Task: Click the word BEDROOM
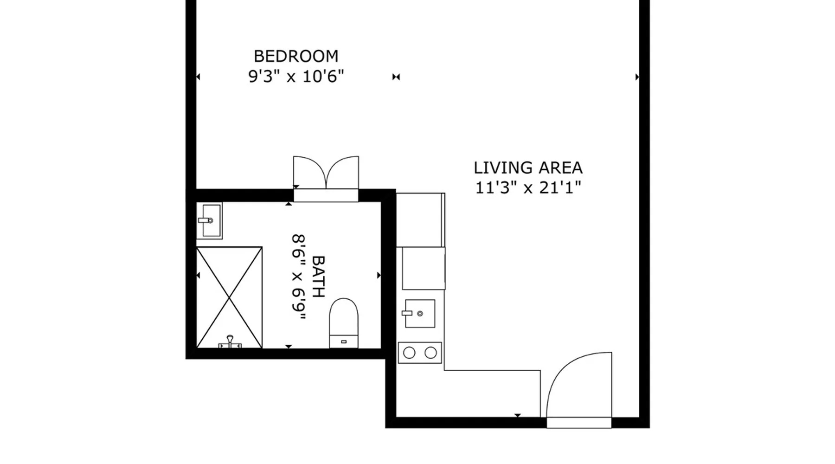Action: (x=296, y=56)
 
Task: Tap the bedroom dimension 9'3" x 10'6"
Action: (x=296, y=76)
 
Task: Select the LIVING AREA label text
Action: (x=528, y=168)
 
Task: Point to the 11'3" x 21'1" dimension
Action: (x=528, y=188)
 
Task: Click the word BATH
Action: (x=318, y=277)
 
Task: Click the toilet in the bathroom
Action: (x=344, y=323)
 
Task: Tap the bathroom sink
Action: (x=209, y=220)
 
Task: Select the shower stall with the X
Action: (x=229, y=297)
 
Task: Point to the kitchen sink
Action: (x=420, y=313)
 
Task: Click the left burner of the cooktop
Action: (x=409, y=353)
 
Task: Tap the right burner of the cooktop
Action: (x=431, y=353)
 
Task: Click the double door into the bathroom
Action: (x=326, y=179)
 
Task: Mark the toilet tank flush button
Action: (x=344, y=342)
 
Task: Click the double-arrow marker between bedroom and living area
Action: (x=396, y=77)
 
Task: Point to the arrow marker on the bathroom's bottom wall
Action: (x=289, y=346)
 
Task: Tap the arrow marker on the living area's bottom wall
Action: (x=518, y=415)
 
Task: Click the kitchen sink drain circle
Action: (x=420, y=314)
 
